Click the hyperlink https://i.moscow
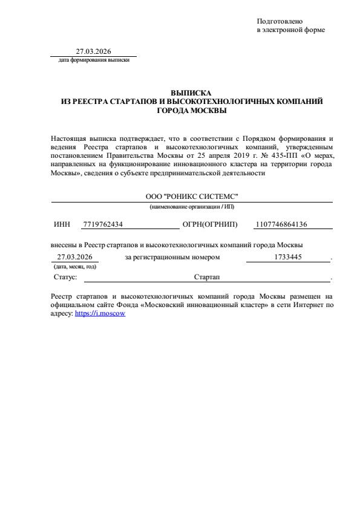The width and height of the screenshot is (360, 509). click(x=100, y=314)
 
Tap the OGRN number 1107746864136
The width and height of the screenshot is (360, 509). click(x=281, y=224)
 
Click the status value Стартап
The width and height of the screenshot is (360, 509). click(x=207, y=276)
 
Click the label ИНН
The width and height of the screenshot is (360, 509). click(x=62, y=224)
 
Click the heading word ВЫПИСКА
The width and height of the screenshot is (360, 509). click(x=192, y=93)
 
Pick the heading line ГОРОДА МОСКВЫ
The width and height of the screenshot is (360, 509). click(x=192, y=110)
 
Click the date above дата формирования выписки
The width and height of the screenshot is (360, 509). click(x=93, y=51)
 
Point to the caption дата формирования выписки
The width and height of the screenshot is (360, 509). click(x=94, y=60)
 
